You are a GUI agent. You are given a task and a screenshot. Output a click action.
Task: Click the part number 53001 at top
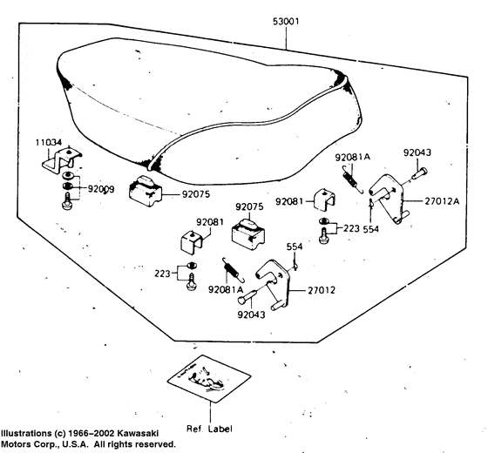pyautogui.click(x=286, y=22)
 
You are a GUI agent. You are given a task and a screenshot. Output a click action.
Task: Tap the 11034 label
pyautogui.click(x=49, y=143)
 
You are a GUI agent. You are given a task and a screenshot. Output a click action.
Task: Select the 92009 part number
pyautogui.click(x=101, y=189)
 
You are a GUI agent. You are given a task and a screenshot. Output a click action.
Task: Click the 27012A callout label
pyautogui.click(x=442, y=201)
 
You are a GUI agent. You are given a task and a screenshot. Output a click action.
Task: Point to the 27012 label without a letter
pyautogui.click(x=322, y=290)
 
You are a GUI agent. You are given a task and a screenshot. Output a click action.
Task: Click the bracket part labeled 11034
pyautogui.click(x=62, y=160)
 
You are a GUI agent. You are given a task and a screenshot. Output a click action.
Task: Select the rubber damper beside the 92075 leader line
pyautogui.click(x=146, y=191)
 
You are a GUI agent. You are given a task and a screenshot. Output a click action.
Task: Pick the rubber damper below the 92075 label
pyautogui.click(x=248, y=232)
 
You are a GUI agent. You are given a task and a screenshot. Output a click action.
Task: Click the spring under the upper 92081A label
pyautogui.click(x=353, y=179)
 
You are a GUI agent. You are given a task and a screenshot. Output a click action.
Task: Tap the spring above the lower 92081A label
pyautogui.click(x=234, y=270)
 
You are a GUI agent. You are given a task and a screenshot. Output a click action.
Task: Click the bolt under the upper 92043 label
pyautogui.click(x=420, y=173)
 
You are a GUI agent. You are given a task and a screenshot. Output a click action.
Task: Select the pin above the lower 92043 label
pyautogui.click(x=248, y=296)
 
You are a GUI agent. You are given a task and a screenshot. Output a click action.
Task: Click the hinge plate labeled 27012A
pyautogui.click(x=389, y=199)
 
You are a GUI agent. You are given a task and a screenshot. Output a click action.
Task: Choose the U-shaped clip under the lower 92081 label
pyautogui.click(x=192, y=242)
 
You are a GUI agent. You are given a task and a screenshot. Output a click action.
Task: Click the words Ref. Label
pyautogui.click(x=209, y=429)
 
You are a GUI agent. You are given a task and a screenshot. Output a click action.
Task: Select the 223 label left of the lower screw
pyautogui.click(x=162, y=274)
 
